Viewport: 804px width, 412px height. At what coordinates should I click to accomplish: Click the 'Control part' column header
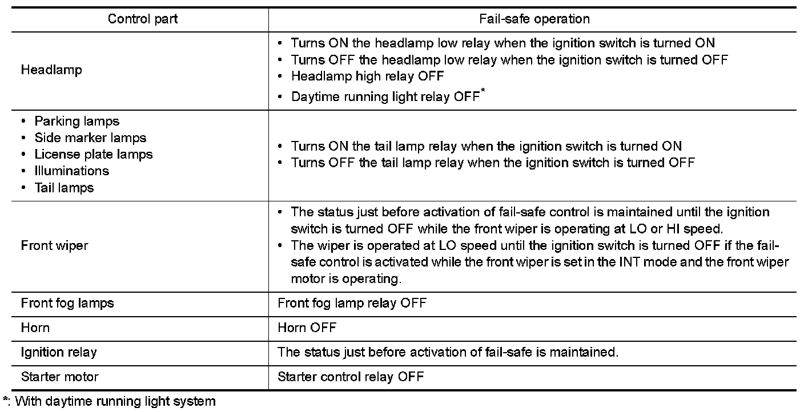[x=143, y=19]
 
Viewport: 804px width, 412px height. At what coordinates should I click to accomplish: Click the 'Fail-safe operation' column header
[x=534, y=19]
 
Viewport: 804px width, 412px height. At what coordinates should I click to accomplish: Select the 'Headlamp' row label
[x=51, y=70]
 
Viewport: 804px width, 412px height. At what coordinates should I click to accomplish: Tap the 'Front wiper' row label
[x=54, y=245]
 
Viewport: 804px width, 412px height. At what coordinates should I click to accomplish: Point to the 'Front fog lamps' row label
[x=67, y=303]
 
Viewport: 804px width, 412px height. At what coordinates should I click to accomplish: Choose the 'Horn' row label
[x=35, y=328]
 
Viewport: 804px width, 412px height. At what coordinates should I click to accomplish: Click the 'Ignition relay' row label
[x=59, y=352]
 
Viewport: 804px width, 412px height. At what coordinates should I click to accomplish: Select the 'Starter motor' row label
[x=59, y=377]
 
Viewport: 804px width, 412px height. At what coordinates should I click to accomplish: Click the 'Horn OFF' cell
[x=307, y=328]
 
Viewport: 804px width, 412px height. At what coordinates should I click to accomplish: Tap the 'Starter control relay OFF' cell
[x=351, y=377]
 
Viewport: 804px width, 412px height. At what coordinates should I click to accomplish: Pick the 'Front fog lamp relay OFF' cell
[x=352, y=303]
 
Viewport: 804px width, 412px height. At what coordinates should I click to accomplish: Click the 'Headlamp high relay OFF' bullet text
[x=367, y=76]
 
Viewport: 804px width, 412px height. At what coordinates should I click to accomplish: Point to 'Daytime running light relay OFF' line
[x=385, y=96]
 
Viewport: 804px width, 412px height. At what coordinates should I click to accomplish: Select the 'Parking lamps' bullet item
[x=77, y=121]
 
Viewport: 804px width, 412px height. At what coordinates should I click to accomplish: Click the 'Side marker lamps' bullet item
[x=90, y=138]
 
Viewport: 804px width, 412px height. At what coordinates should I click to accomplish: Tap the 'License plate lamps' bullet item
[x=94, y=154]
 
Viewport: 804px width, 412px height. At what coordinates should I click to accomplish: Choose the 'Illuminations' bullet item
[x=71, y=171]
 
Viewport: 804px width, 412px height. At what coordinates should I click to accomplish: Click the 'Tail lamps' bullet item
[x=64, y=187]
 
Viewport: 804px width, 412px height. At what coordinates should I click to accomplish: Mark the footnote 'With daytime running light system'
[x=115, y=401]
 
